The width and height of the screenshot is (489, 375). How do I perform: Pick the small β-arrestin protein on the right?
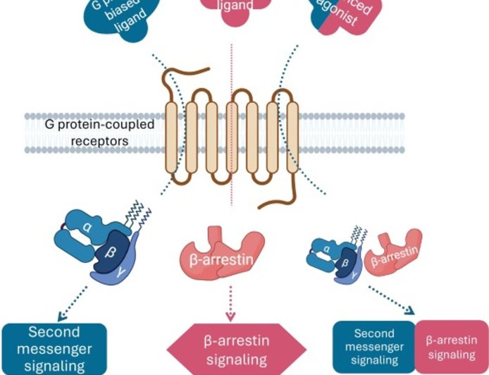coord(396,252)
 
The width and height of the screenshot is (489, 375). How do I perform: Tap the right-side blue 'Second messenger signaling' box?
coord(373,348)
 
